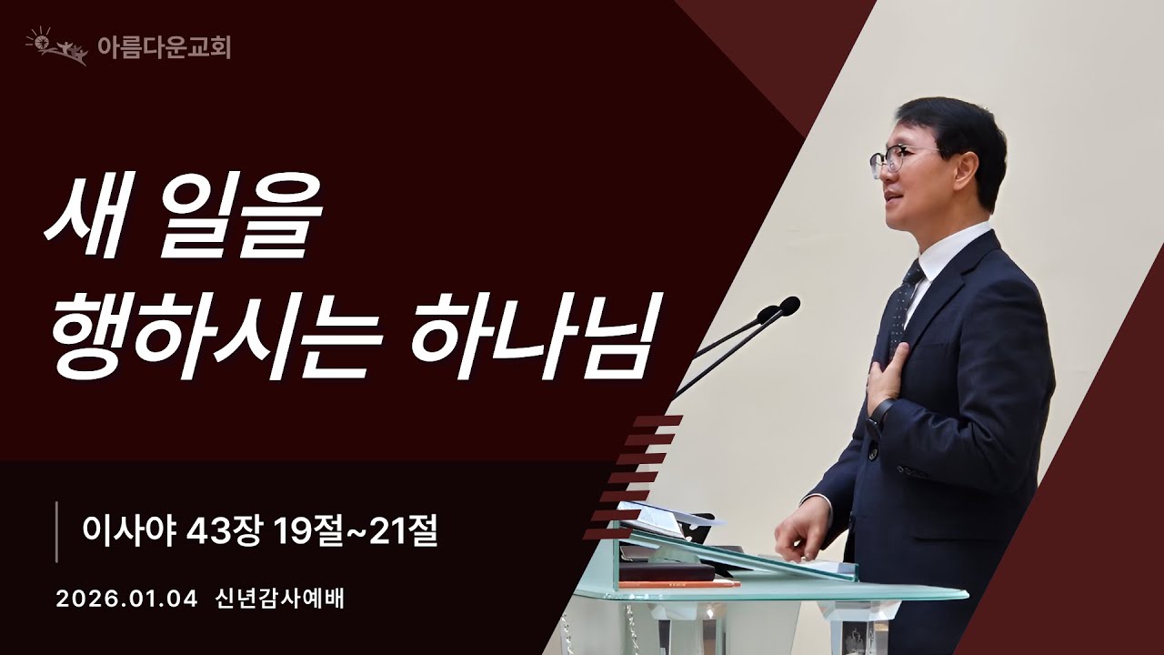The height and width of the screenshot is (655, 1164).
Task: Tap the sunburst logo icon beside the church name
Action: pyautogui.click(x=57, y=46)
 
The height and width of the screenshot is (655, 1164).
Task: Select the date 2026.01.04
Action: pyautogui.click(x=126, y=600)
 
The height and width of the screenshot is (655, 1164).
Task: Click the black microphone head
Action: pyautogui.click(x=788, y=307)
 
